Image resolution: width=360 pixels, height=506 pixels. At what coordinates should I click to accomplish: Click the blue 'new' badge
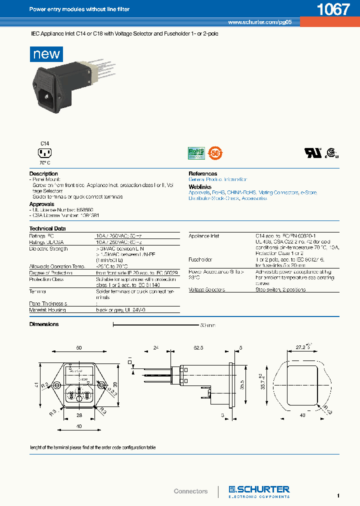[46, 53]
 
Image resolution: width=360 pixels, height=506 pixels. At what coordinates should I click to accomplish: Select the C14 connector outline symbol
[45, 153]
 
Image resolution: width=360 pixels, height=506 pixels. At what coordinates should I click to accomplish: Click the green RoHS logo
[196, 152]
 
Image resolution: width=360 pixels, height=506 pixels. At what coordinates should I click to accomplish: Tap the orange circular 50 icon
[214, 152]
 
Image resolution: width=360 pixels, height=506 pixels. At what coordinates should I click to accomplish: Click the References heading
[202, 173]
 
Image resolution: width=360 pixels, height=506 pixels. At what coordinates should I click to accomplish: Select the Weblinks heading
[199, 186]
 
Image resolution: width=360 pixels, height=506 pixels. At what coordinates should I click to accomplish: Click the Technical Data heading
[47, 228]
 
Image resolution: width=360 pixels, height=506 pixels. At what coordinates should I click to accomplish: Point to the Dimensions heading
[44, 324]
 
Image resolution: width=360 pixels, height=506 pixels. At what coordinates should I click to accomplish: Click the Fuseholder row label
[200, 259]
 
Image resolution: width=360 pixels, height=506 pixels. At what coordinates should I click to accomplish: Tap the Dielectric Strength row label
[48, 248]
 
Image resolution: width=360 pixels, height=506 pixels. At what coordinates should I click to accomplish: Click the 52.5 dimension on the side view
[198, 347]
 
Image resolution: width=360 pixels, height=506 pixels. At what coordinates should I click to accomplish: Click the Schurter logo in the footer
[259, 491]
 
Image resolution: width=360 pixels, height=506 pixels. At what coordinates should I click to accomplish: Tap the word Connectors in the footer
[190, 491]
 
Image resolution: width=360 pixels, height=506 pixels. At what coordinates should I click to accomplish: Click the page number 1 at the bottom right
[338, 495]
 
